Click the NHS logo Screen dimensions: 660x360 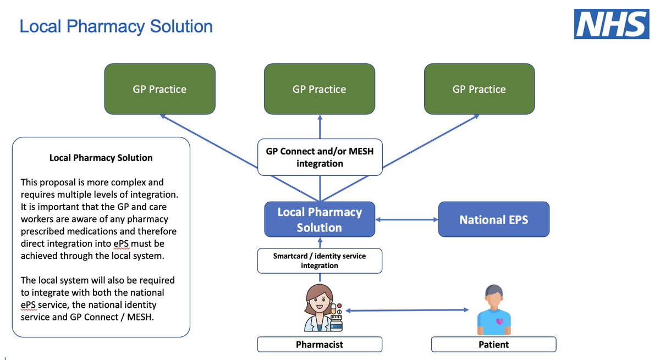point(612,24)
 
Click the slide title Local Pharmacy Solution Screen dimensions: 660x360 point(116,26)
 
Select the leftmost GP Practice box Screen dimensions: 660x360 point(159,89)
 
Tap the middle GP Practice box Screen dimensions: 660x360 point(320,89)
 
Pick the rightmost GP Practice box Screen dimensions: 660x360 point(480,89)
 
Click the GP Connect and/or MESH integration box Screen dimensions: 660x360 point(320,157)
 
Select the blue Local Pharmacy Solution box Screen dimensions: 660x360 point(320,219)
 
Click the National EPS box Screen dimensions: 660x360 point(494,219)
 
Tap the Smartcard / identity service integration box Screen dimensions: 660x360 point(320,261)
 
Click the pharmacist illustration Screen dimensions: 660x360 point(323,308)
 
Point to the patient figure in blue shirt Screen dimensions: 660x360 point(494,309)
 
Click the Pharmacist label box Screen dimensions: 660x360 point(320,345)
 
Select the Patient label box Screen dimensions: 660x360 point(494,345)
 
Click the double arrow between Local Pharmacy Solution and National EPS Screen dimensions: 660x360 point(407,220)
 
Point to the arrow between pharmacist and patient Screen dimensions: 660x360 point(407,310)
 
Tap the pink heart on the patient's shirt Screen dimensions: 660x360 point(500,322)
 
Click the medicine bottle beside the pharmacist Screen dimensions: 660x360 point(336,323)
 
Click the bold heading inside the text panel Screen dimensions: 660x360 point(101,158)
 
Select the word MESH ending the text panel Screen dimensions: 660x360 point(139,317)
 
